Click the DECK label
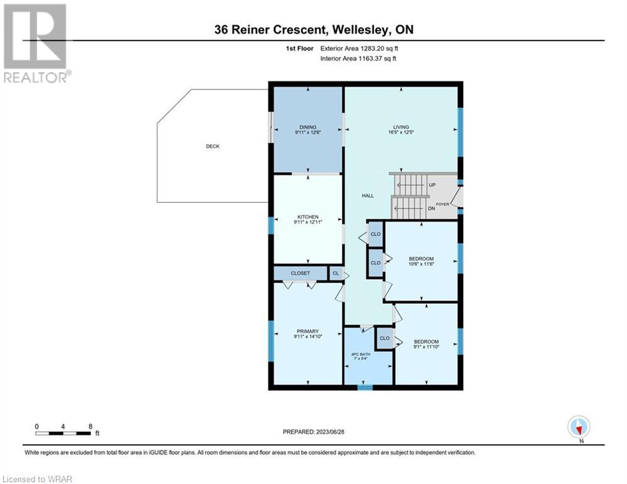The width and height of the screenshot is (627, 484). pyautogui.click(x=213, y=146)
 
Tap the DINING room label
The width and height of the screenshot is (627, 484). pyautogui.click(x=308, y=127)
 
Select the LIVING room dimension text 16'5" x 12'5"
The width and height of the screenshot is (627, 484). pyautogui.click(x=401, y=132)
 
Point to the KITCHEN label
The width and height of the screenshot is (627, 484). pyautogui.click(x=308, y=217)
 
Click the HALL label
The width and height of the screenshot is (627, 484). pyautogui.click(x=368, y=195)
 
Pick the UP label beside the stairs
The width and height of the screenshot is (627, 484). pyautogui.click(x=432, y=185)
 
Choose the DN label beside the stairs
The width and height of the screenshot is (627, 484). pyautogui.click(x=432, y=209)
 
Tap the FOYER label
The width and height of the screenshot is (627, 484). pyautogui.click(x=442, y=204)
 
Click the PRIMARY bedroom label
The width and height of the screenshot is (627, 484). pyautogui.click(x=308, y=331)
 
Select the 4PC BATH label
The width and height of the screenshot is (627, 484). pyautogui.click(x=360, y=354)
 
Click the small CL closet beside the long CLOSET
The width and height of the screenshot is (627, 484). pyautogui.click(x=336, y=274)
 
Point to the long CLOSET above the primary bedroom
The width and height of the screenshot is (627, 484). pyautogui.click(x=301, y=274)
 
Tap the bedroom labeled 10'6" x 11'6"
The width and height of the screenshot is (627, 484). pyautogui.click(x=422, y=261)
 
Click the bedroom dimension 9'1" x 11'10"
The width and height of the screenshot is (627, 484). pyautogui.click(x=426, y=347)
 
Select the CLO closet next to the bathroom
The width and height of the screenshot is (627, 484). pyautogui.click(x=384, y=338)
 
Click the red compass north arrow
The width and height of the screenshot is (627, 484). pyautogui.click(x=578, y=429)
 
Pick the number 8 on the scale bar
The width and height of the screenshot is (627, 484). pyautogui.click(x=90, y=427)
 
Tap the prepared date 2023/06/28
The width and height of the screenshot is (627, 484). pyautogui.click(x=330, y=432)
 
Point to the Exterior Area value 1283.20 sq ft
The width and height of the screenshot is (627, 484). pyautogui.click(x=379, y=49)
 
